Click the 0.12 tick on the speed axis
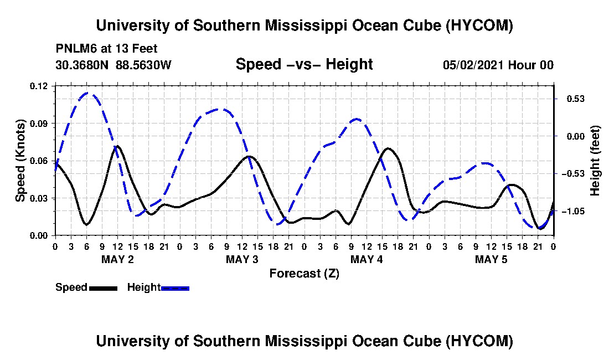(x=38, y=86)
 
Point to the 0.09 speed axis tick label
(x=38, y=124)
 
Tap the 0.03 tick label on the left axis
(x=38, y=198)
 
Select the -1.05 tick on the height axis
(x=573, y=211)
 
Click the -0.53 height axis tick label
(x=573, y=173)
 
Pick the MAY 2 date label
(x=118, y=259)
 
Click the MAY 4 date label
(x=367, y=259)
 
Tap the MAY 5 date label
(x=491, y=259)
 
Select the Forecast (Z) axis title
(x=304, y=274)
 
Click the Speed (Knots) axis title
(x=20, y=161)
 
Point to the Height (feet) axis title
(x=595, y=161)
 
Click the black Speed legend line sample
(x=104, y=288)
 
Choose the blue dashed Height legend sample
(x=175, y=288)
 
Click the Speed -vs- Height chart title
(x=304, y=64)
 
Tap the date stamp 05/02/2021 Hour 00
(x=498, y=65)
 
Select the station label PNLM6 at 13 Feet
(x=107, y=49)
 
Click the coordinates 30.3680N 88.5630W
(x=113, y=65)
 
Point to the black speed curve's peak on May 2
(x=117, y=146)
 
